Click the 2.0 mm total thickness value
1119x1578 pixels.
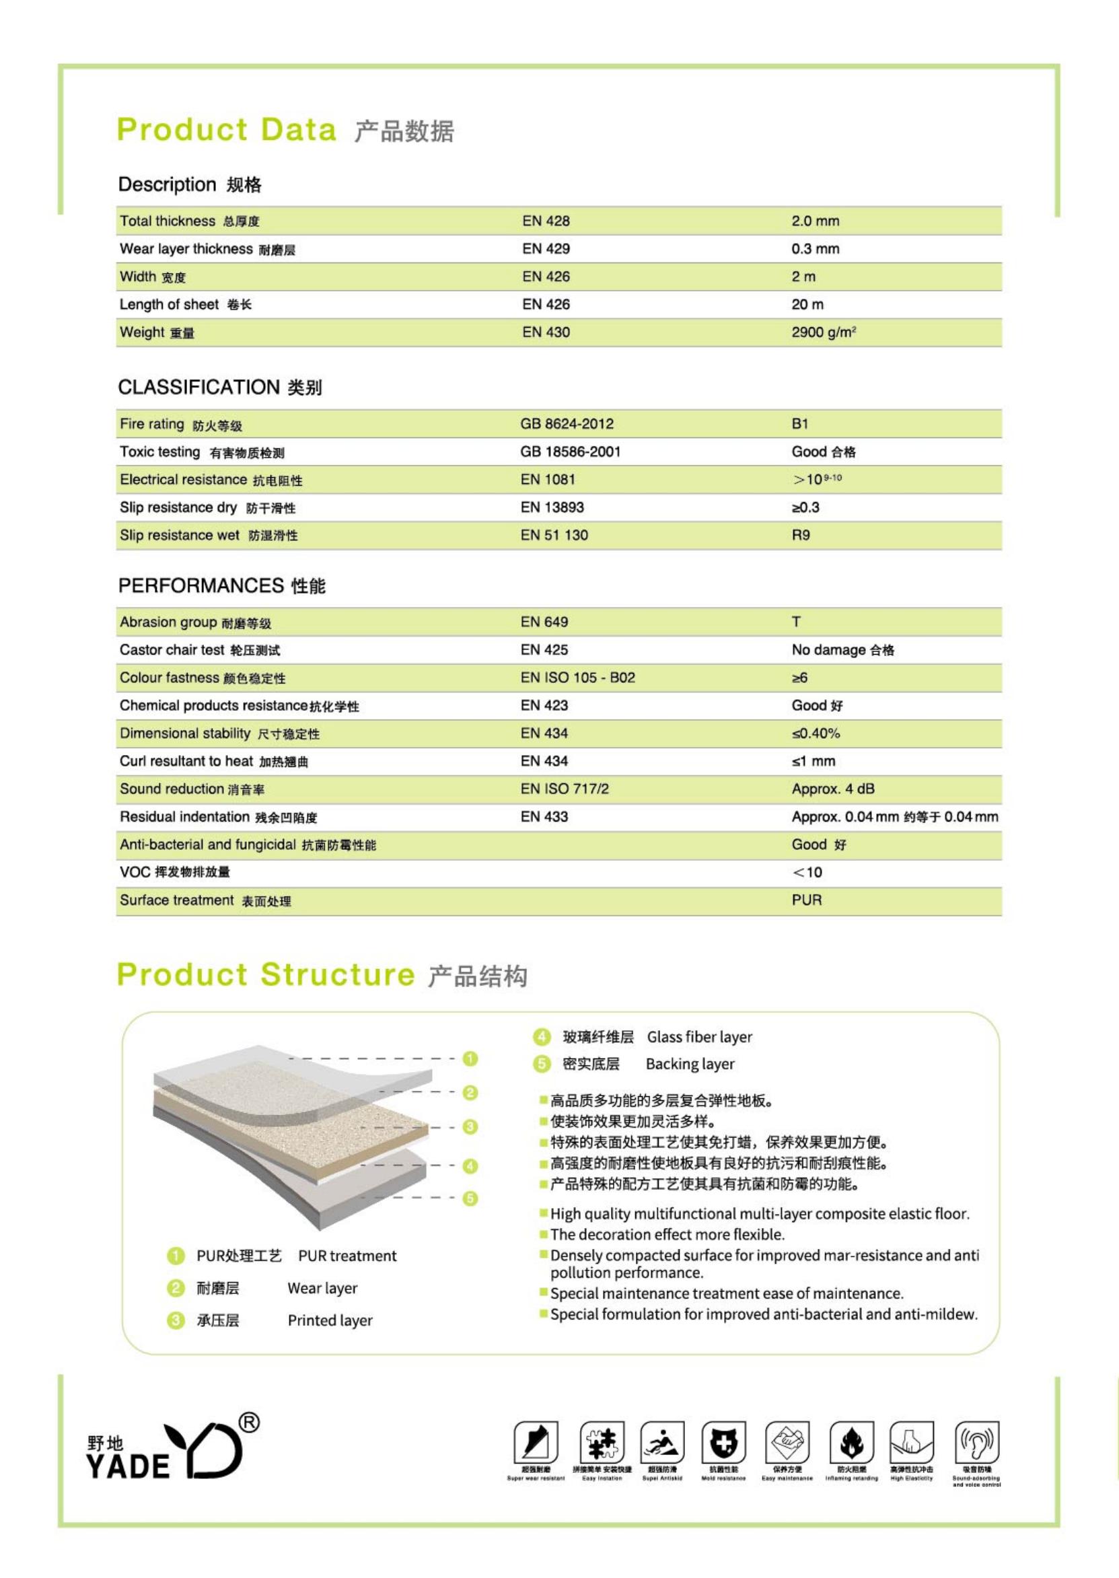pyautogui.click(x=814, y=221)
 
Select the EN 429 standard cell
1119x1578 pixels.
pyautogui.click(x=546, y=249)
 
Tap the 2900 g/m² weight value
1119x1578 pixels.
pyautogui.click(x=823, y=332)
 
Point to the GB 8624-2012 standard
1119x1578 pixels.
pyautogui.click(x=567, y=424)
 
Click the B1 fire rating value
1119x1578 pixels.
pyautogui.click(x=799, y=424)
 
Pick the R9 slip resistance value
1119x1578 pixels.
pyautogui.click(x=800, y=535)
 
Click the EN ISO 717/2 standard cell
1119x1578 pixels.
pyautogui.click(x=565, y=789)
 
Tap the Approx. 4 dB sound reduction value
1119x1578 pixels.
pyautogui.click(x=832, y=789)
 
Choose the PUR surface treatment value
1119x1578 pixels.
pyautogui.click(x=806, y=900)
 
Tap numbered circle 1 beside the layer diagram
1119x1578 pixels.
pyautogui.click(x=470, y=1059)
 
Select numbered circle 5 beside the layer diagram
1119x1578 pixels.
pyautogui.click(x=470, y=1198)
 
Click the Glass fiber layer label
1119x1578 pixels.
pyautogui.click(x=698, y=1037)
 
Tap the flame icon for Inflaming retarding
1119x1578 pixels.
pyautogui.click(x=851, y=1441)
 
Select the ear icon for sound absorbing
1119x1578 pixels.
pyautogui.click(x=976, y=1441)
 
